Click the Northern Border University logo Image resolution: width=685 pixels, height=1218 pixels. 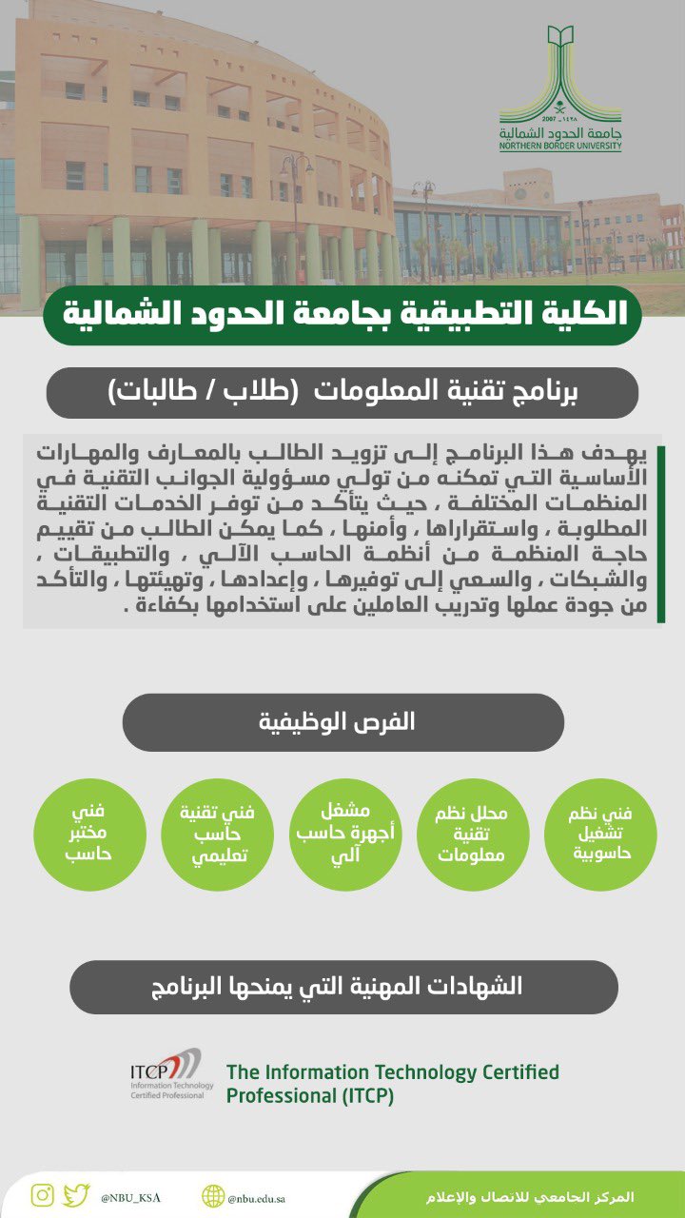click(560, 88)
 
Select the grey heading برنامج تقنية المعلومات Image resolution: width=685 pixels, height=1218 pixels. click(342, 392)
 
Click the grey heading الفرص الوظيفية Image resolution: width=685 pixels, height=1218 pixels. click(342, 721)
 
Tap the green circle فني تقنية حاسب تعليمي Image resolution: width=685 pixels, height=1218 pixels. click(218, 835)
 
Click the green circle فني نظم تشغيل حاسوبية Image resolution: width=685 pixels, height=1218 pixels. click(602, 835)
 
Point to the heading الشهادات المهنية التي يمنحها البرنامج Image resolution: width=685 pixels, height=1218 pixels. click(342, 987)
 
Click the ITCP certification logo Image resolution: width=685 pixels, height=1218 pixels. click(166, 1074)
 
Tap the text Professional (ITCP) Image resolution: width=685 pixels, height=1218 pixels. click(309, 1096)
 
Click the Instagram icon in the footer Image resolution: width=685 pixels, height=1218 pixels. click(42, 1195)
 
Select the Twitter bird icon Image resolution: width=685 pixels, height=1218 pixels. click(77, 1195)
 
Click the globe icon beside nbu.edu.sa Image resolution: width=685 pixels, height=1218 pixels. click(213, 1196)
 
